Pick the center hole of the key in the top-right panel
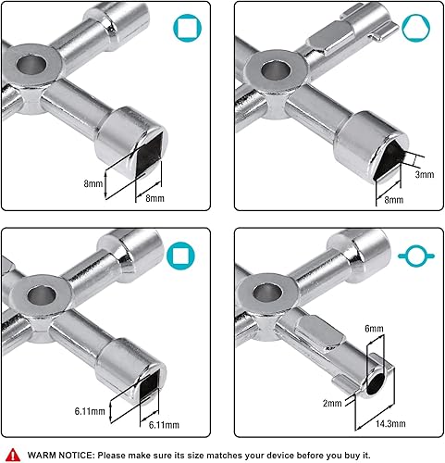tap(275, 72)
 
